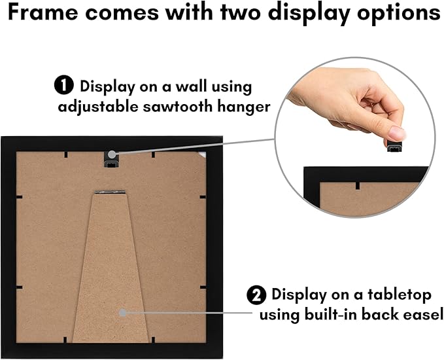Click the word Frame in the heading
click(x=43, y=12)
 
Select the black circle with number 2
click(x=256, y=295)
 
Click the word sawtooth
click(x=178, y=107)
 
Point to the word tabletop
click(x=400, y=295)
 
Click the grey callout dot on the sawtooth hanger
click(x=112, y=154)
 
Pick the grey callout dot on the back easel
click(x=122, y=313)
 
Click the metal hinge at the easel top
click(x=110, y=192)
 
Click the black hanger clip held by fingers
click(x=396, y=146)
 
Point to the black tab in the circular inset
click(x=358, y=185)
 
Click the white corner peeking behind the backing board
click(x=202, y=154)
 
